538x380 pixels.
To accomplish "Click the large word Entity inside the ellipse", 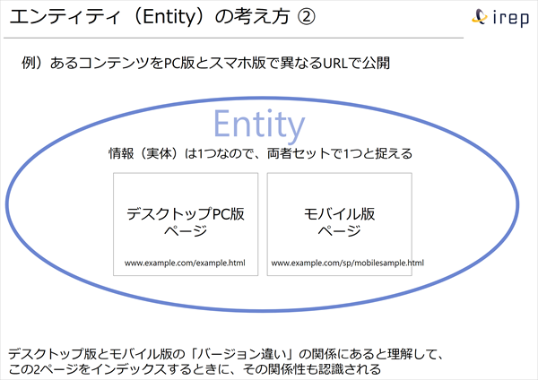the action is (259, 123).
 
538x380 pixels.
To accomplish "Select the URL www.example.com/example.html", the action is (185, 263).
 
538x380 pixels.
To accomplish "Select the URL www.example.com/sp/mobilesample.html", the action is (347, 263).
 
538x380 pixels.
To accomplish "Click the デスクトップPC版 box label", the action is (185, 214).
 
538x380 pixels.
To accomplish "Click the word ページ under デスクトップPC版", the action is (185, 231).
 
